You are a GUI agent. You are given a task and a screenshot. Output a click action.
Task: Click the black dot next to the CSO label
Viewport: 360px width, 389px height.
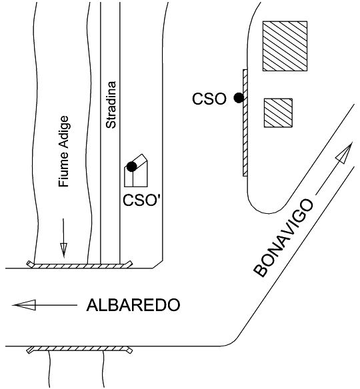tap(239, 98)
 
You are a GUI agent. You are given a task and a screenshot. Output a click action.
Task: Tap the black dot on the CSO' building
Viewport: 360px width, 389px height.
tap(131, 167)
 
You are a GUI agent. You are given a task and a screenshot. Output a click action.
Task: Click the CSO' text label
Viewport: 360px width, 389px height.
tap(141, 200)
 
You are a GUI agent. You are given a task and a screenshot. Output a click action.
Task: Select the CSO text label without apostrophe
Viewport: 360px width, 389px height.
tap(209, 99)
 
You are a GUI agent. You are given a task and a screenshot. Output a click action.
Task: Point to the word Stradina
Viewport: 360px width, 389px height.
tap(111, 105)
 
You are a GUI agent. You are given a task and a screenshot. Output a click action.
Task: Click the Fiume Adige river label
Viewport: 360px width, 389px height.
tap(64, 151)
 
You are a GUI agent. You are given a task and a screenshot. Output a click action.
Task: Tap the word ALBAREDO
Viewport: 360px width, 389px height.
tap(133, 305)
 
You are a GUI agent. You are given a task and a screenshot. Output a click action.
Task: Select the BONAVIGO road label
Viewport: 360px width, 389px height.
tap(283, 238)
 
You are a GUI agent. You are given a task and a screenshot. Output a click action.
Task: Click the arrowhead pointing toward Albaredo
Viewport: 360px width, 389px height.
tap(24, 305)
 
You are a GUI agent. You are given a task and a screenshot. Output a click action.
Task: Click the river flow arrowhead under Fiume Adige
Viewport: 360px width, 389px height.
tap(63, 250)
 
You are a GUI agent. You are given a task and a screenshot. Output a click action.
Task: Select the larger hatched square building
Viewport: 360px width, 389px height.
tap(285, 46)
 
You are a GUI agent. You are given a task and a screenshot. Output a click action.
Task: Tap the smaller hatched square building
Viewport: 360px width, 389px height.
tap(278, 113)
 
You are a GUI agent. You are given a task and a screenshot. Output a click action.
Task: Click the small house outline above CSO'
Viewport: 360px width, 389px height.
tap(136, 171)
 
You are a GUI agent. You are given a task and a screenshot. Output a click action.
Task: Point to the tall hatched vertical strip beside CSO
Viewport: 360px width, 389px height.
tap(245, 123)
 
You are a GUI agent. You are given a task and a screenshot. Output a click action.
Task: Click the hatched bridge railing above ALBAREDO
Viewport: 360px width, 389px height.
tap(79, 266)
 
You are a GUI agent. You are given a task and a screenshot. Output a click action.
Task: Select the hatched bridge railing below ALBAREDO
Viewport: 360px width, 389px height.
tap(79, 349)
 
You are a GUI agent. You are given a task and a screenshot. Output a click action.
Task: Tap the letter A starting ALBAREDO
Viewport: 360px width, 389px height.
tap(93, 305)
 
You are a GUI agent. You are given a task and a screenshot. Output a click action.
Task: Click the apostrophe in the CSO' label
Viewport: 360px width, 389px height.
tap(157, 196)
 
